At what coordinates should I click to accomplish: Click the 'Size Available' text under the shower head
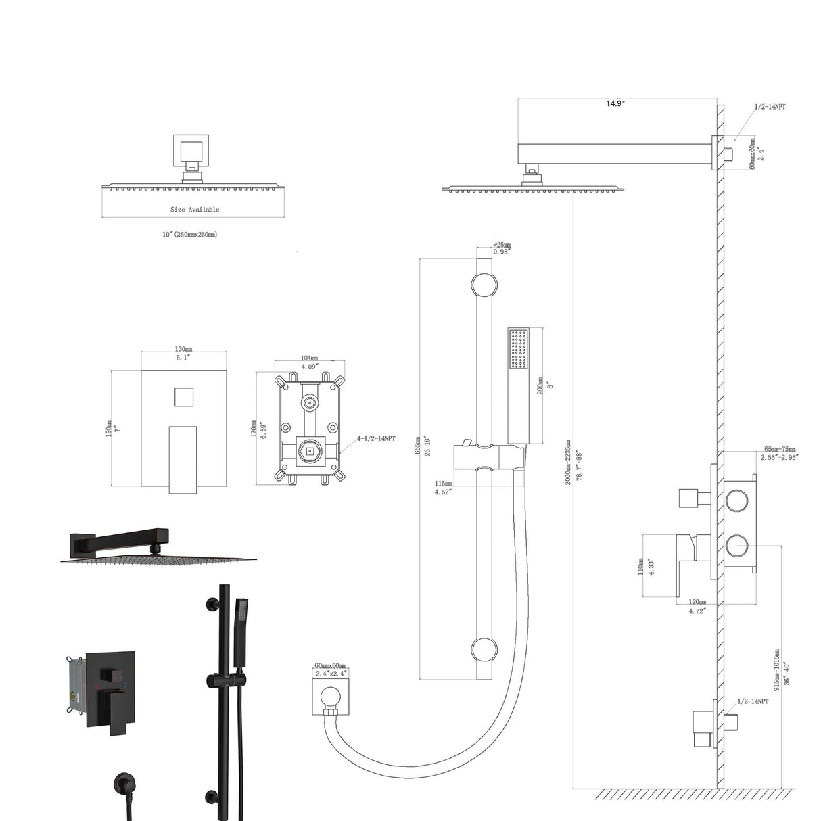point(195,210)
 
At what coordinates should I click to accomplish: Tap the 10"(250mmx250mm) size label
point(189,234)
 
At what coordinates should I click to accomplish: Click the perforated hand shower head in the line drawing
point(519,350)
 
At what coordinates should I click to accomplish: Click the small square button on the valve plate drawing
point(183,396)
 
